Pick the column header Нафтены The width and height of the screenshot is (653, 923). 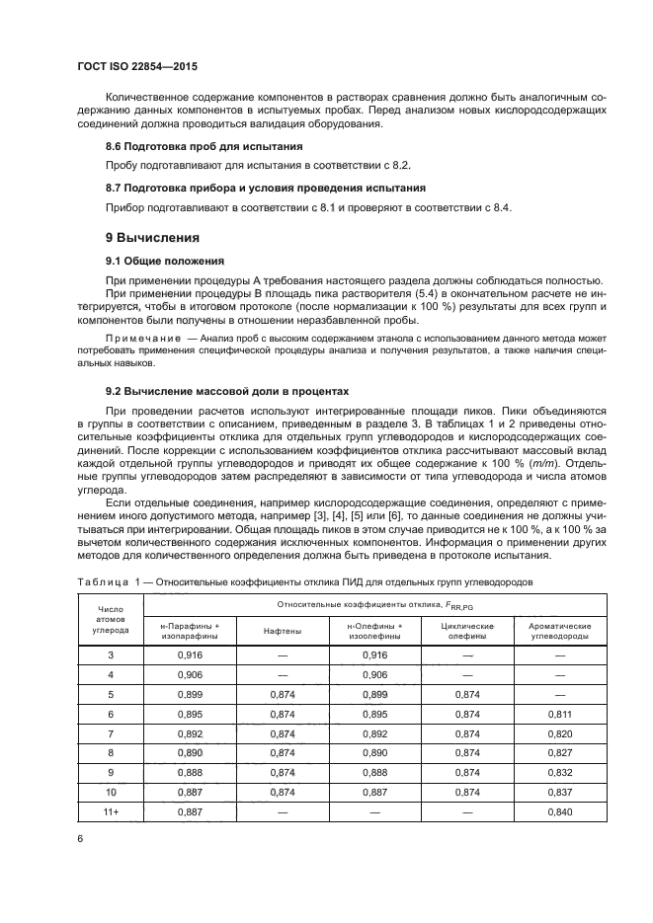283,631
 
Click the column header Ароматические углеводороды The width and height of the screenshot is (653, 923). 561,631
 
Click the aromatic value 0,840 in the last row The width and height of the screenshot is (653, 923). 561,812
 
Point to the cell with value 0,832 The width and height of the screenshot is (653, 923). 561,773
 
